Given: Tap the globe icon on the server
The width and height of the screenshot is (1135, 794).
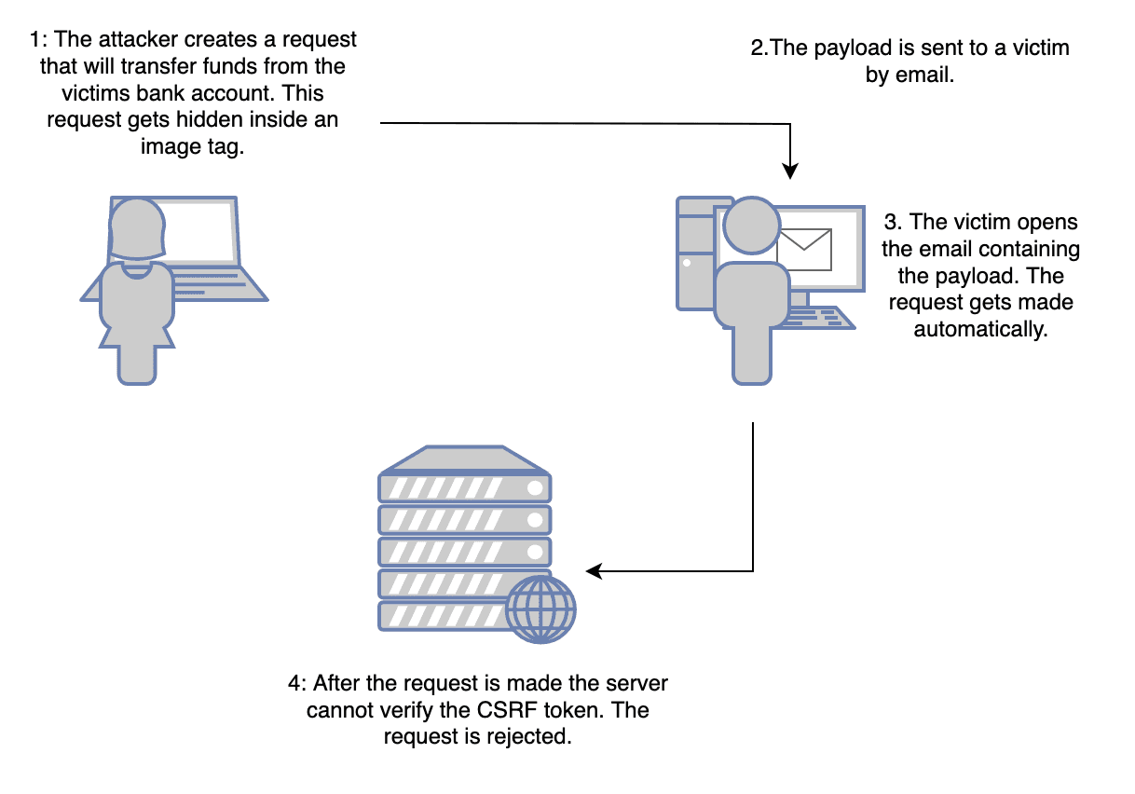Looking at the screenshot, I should [540, 610].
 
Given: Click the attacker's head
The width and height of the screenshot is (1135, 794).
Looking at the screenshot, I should [137, 227].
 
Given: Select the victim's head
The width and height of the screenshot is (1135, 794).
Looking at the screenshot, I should [751, 226].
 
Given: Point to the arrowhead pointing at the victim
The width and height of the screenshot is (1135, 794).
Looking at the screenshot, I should [790, 171].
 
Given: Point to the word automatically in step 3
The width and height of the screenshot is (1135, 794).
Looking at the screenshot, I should [980, 330].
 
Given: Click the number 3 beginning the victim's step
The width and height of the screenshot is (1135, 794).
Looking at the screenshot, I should [889, 223].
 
